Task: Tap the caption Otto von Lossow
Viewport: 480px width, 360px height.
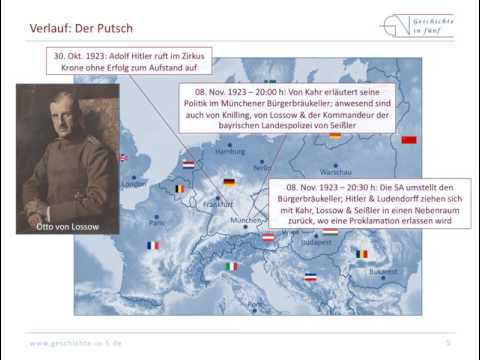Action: (67, 226)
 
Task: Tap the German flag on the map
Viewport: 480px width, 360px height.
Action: (229, 183)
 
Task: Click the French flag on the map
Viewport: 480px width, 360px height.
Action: (153, 245)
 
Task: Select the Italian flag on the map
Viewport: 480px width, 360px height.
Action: (232, 267)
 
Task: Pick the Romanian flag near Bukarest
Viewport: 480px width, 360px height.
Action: (362, 254)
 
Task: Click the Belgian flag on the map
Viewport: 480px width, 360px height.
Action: (180, 188)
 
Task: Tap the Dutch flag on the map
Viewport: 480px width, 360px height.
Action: (188, 164)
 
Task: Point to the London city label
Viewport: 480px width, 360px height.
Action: (133, 184)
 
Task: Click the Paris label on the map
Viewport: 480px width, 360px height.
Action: (157, 221)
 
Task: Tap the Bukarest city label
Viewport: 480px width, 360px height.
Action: (382, 271)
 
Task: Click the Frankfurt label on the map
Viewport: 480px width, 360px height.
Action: (218, 204)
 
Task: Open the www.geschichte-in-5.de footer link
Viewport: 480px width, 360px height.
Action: (76, 343)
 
